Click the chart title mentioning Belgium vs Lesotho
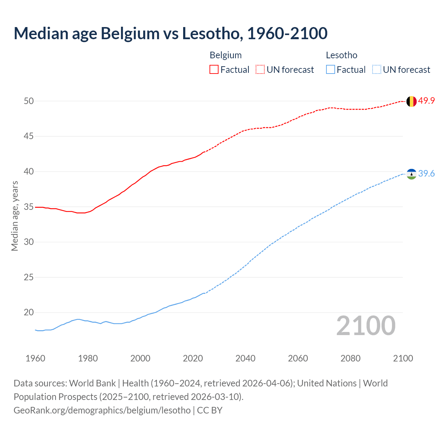(x=170, y=33)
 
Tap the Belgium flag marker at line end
(x=411, y=101)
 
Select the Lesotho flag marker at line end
(x=411, y=174)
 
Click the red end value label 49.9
(x=426, y=101)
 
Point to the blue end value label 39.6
(x=426, y=173)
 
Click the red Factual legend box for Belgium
(x=214, y=70)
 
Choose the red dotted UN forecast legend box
(x=260, y=70)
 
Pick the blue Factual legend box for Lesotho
(x=331, y=70)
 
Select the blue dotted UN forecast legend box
(x=376, y=70)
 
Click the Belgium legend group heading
(x=225, y=55)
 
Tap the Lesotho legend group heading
(x=341, y=55)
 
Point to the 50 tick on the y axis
(x=29, y=101)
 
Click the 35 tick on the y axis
(x=29, y=207)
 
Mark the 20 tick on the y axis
(x=29, y=313)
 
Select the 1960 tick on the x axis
(x=35, y=358)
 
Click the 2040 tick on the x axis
(x=245, y=358)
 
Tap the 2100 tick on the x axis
(x=403, y=358)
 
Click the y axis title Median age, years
(x=15, y=216)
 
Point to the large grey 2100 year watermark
(x=366, y=325)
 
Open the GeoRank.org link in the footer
(x=102, y=410)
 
